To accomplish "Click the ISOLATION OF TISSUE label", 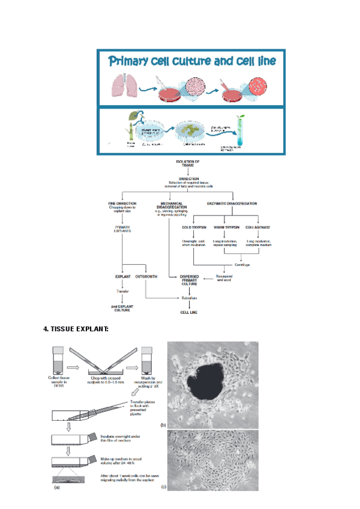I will tap(188, 163).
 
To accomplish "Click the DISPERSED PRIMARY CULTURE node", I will tap(190, 280).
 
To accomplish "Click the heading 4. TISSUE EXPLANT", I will tap(76, 329).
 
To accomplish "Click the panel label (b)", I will tap(163, 426).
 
